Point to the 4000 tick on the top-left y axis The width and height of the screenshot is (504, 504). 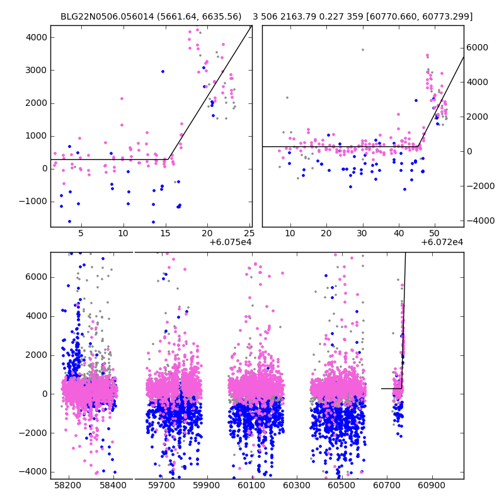coord(35,37)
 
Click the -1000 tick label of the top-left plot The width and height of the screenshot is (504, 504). coord(33,201)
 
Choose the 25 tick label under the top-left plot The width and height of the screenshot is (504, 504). coord(249,233)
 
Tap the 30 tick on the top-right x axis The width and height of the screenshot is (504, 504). coord(362,233)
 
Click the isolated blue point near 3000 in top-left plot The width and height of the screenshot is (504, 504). coord(163,71)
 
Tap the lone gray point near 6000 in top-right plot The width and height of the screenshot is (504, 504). coord(362,50)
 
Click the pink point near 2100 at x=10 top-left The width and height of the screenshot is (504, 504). coord(122,98)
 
